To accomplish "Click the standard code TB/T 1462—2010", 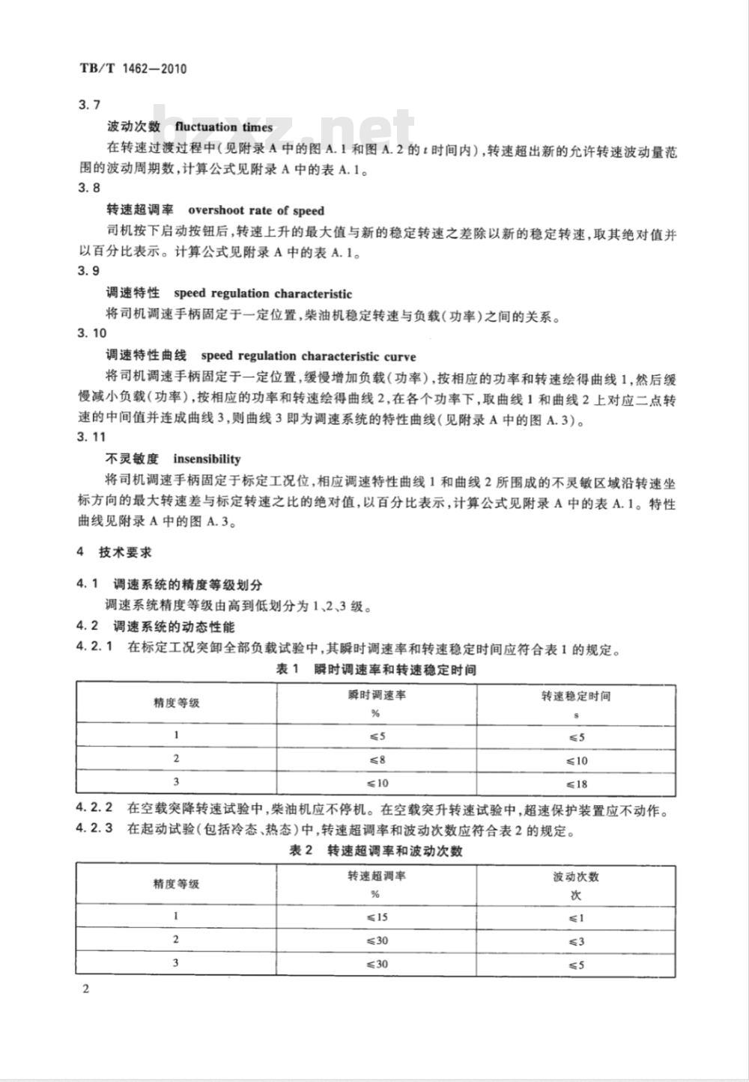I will [x=132, y=70].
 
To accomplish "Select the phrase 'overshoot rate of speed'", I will [x=256, y=210].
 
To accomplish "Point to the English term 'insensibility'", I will [x=207, y=459].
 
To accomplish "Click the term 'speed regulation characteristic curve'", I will [x=309, y=356].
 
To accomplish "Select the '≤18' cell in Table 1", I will [x=577, y=784].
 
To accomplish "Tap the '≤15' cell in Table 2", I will [x=377, y=917].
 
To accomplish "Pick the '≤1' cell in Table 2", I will [x=576, y=917].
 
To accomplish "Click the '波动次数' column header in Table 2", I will [x=576, y=877].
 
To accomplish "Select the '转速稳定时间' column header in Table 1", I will [x=576, y=696].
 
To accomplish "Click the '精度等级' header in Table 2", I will [x=176, y=884].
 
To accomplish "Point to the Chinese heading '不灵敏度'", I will [x=132, y=459].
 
